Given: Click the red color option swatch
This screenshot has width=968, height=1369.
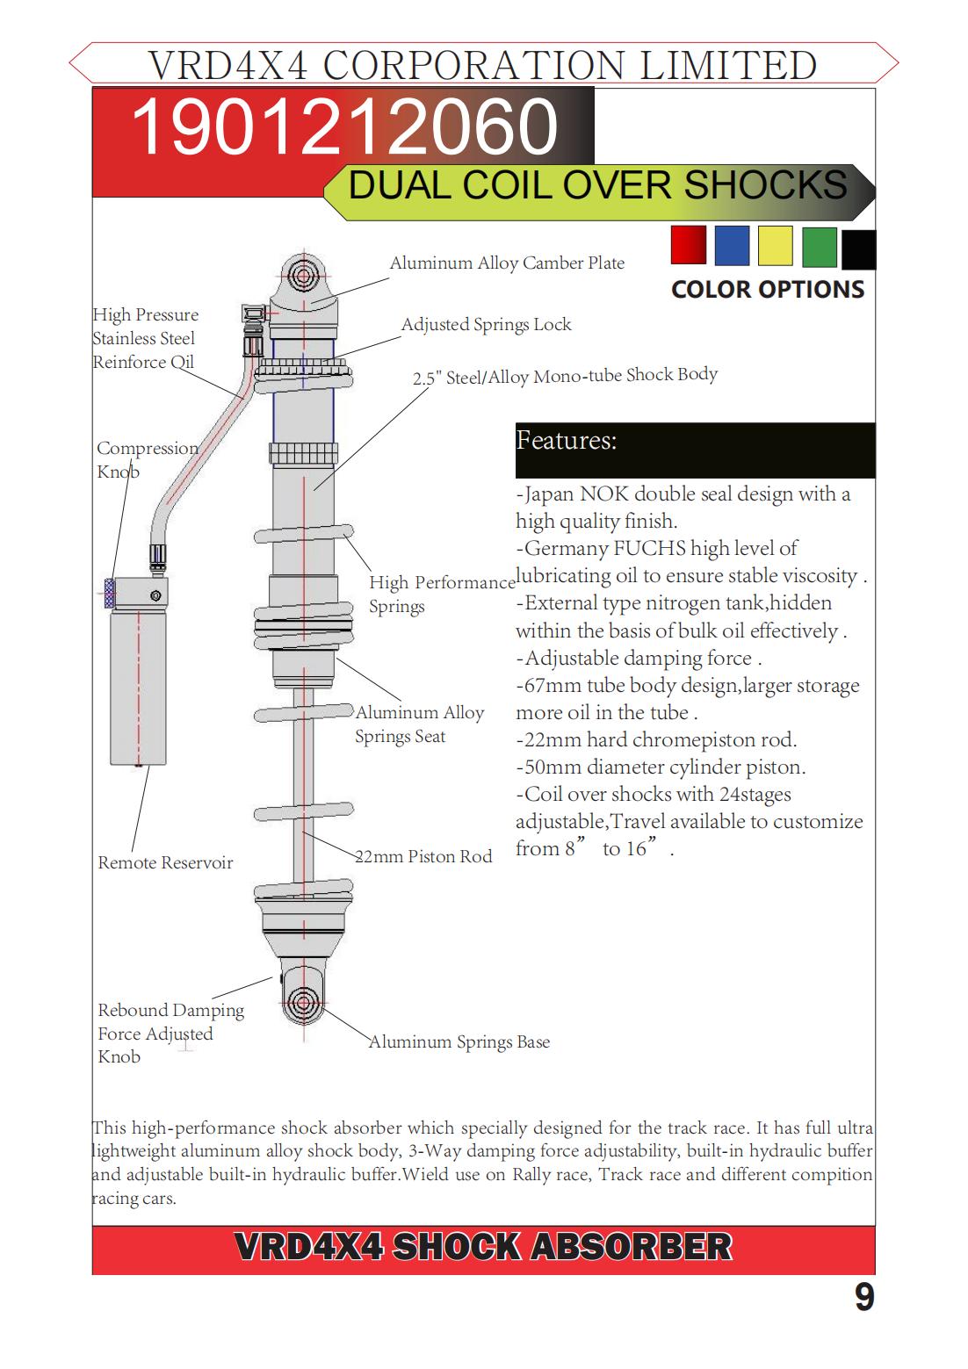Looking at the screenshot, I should point(688,245).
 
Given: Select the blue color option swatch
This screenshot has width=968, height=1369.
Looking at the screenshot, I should point(732,245).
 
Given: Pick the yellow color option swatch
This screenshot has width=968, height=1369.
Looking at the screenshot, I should point(775,245).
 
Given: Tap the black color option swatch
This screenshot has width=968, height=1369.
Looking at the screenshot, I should point(858,250).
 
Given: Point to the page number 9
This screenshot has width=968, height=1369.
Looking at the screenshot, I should point(864,1297).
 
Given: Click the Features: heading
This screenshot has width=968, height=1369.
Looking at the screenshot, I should point(567,440).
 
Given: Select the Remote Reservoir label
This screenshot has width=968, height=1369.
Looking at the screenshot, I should point(165,862).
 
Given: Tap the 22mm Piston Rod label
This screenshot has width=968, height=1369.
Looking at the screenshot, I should point(424,856).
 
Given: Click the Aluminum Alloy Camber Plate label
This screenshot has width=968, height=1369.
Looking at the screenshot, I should point(507,263).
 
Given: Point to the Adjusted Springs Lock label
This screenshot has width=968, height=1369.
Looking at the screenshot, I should point(486,324).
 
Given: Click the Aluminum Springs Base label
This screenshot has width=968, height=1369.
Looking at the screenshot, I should point(459,1041).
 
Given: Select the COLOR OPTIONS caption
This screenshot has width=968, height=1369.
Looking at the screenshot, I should point(768,290).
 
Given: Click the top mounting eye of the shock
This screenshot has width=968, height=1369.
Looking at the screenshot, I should point(303,276).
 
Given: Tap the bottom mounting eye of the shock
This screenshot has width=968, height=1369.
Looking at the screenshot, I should point(304,1002).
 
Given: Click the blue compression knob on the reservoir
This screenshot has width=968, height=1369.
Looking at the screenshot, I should point(110,594).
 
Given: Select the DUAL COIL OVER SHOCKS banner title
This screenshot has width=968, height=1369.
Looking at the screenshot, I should point(597,186).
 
